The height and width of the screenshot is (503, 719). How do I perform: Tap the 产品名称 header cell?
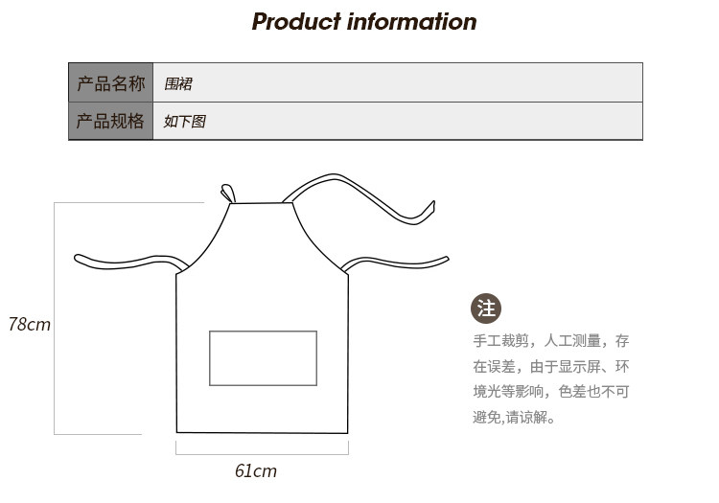coord(110,83)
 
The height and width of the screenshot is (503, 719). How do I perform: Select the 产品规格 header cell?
coord(110,122)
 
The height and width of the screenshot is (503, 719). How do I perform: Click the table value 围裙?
coord(178,84)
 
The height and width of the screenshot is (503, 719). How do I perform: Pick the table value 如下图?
coord(184,122)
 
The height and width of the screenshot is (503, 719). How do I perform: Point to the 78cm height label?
coord(29,325)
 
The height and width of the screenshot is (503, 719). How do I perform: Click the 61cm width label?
coord(256,470)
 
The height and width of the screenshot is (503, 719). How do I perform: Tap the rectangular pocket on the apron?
coord(263,358)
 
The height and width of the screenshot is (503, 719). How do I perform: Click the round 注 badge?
coord(486,309)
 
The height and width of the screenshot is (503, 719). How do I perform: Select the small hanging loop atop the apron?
coord(228,194)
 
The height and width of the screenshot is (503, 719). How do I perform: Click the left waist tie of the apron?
coord(125,261)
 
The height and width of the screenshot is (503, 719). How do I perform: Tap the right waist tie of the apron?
coord(398,263)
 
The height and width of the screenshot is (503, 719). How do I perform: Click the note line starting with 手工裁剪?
coord(550,341)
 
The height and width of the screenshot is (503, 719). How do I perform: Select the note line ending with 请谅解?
coord(514,418)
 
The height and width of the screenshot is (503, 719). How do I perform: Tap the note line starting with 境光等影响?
coord(550,392)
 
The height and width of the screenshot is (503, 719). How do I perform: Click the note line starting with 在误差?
coord(550,366)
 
